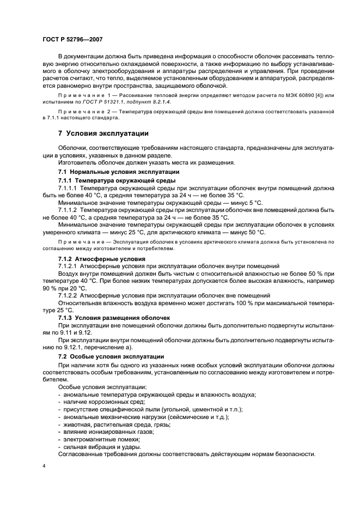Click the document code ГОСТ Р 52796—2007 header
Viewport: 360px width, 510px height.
(x=72, y=39)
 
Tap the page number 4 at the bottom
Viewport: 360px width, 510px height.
(x=44, y=467)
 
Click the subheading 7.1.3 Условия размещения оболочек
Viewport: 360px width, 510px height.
(x=114, y=318)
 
